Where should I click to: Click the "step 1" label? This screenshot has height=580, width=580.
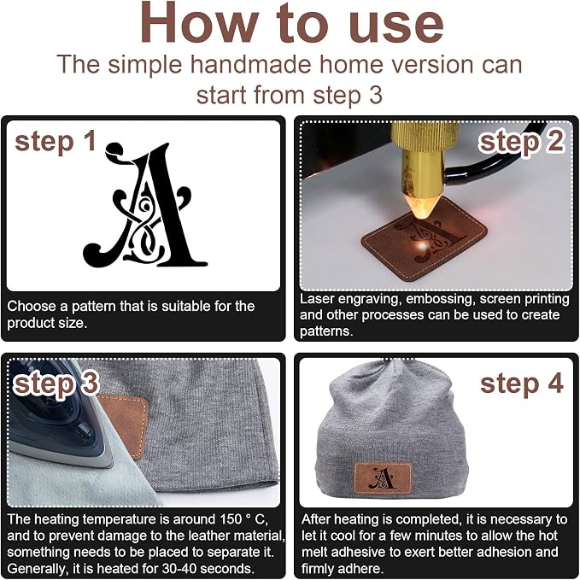[x=56, y=142]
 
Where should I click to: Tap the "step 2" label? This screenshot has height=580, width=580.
[x=522, y=142]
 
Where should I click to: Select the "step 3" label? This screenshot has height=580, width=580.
[x=56, y=384]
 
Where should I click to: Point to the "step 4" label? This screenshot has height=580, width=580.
[x=522, y=384]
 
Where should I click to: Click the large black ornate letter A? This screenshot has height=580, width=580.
[x=148, y=207]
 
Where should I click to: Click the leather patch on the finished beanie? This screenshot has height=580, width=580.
[x=384, y=477]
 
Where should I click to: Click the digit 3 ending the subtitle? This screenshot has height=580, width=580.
[x=376, y=95]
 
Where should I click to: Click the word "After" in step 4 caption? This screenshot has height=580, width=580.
[x=317, y=519]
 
